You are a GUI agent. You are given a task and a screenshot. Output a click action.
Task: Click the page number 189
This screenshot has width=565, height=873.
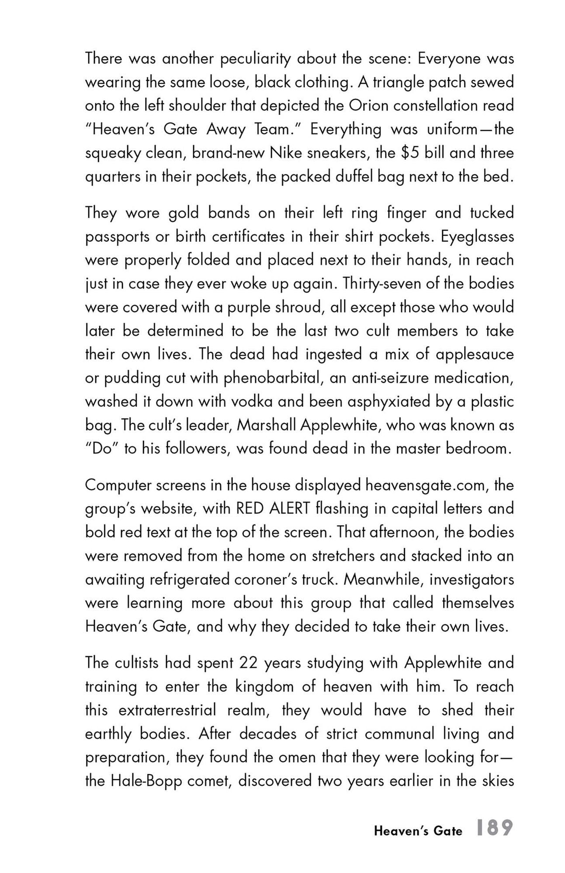495,828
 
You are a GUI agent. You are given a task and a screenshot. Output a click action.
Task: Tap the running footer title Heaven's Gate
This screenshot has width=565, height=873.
418,831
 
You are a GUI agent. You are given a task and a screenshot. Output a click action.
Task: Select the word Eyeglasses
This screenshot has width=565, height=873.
477,237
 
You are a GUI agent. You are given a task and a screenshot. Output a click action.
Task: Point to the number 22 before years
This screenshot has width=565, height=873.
249,663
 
